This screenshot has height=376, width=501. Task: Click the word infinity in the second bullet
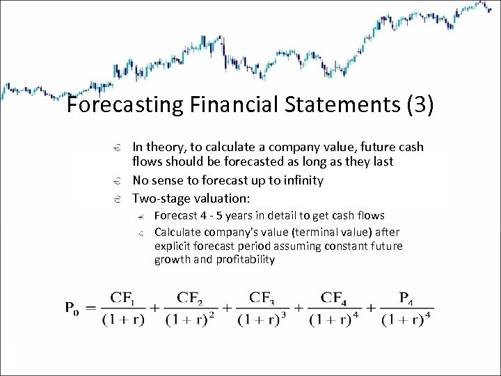300,180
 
